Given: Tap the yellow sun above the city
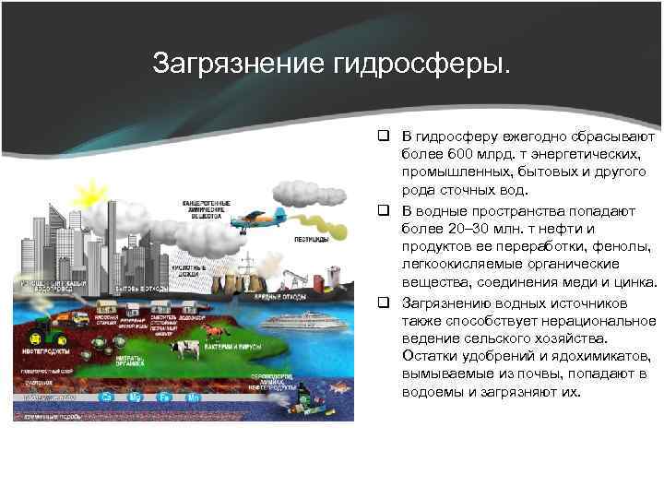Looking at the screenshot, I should [x=91, y=195].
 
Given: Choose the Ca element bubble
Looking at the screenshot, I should [x=107, y=397].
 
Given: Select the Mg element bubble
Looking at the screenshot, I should [x=138, y=397].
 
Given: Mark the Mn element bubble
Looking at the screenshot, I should [x=195, y=397].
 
